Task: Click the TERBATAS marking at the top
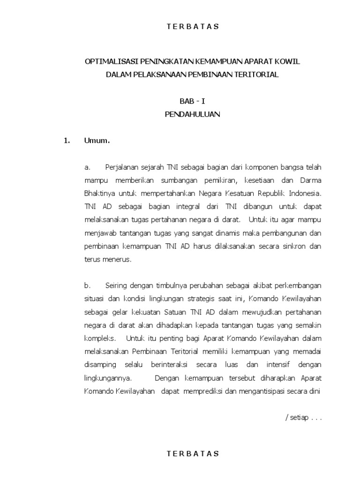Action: coord(193,26)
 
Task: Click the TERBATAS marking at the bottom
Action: coord(193,453)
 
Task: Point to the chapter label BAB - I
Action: coord(193,101)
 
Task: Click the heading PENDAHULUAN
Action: coord(193,114)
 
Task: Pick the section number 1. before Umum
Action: coord(67,140)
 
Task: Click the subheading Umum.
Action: coord(97,140)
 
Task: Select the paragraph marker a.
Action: coord(87,167)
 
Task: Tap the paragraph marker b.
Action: coord(87,285)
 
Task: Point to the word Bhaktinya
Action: coord(100,193)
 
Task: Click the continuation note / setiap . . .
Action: coord(303,418)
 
